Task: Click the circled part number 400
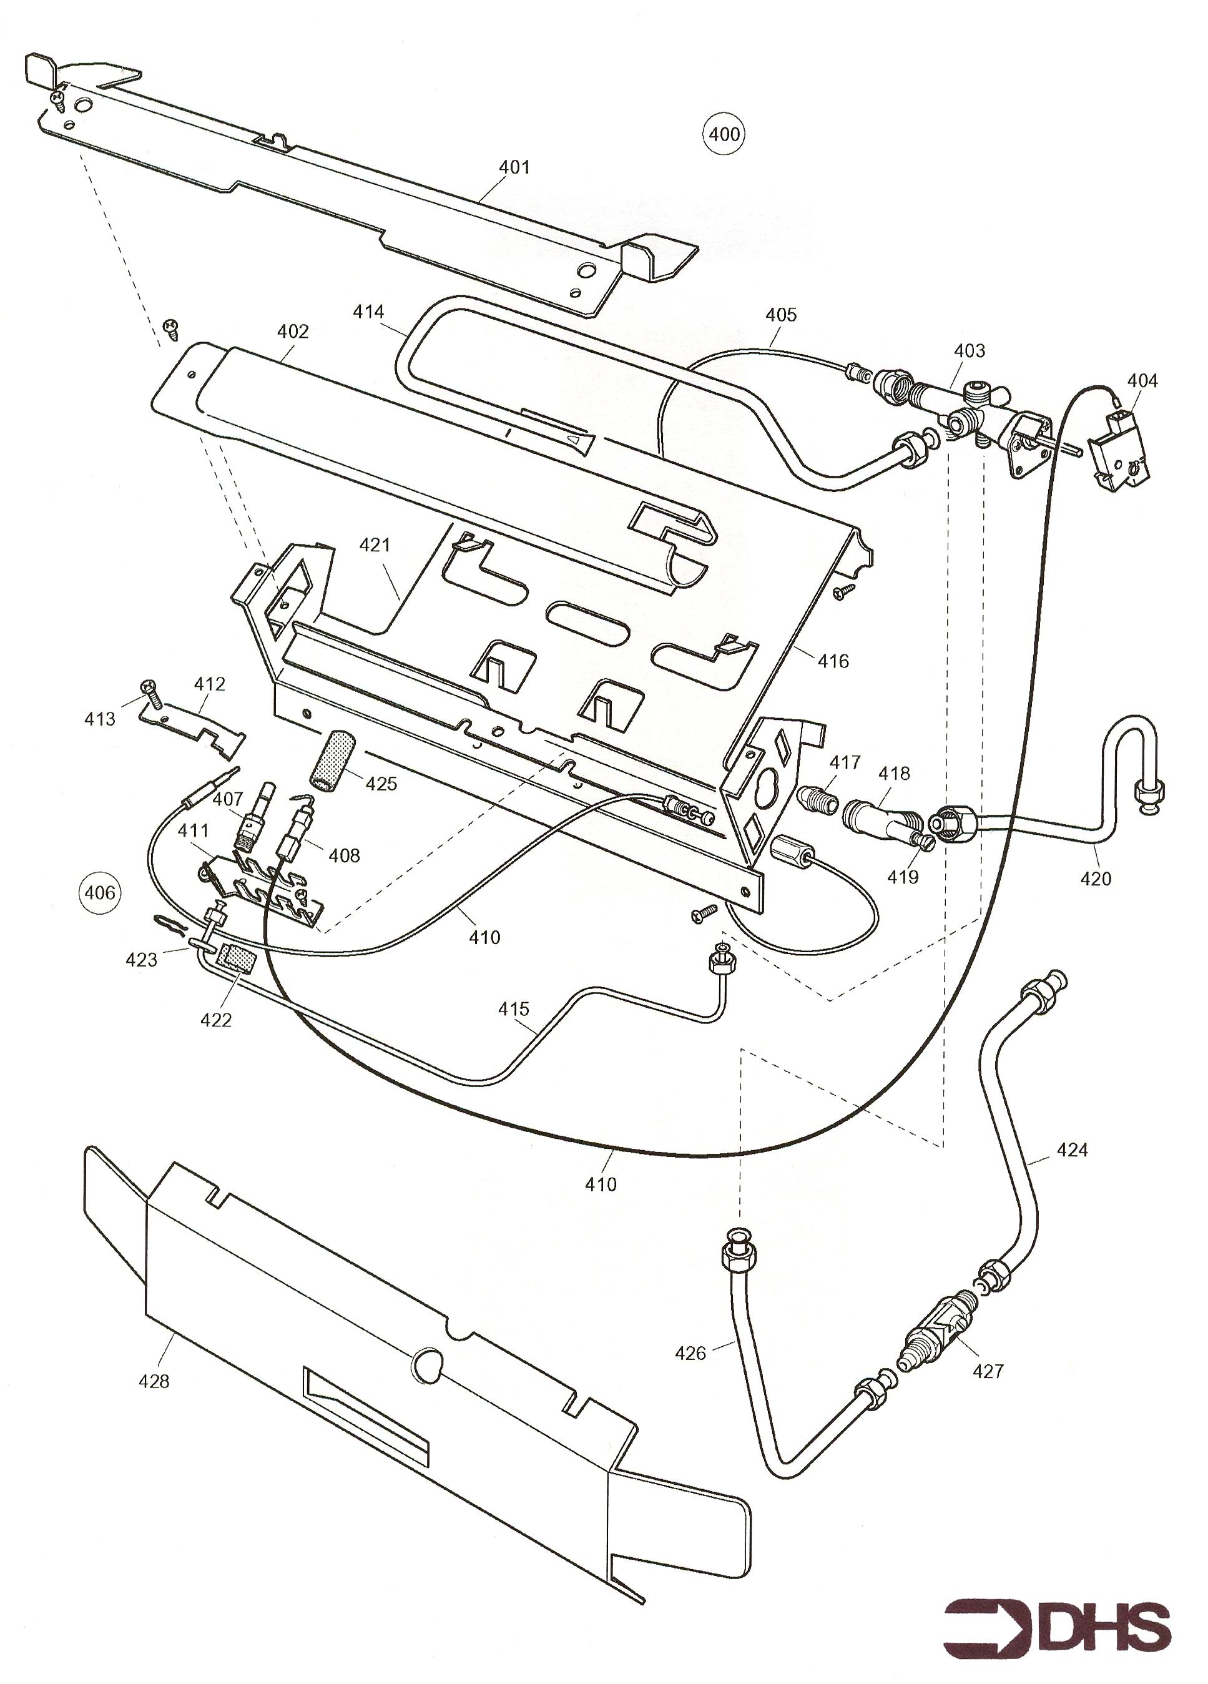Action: tap(724, 134)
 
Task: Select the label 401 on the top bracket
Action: tap(514, 167)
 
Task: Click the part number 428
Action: tap(154, 1381)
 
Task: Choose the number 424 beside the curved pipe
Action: tap(1071, 1150)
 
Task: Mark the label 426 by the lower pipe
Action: tap(690, 1353)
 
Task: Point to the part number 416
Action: tap(832, 660)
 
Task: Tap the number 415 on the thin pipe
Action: tap(514, 1008)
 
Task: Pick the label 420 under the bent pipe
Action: tap(1095, 879)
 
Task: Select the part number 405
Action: tap(781, 315)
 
